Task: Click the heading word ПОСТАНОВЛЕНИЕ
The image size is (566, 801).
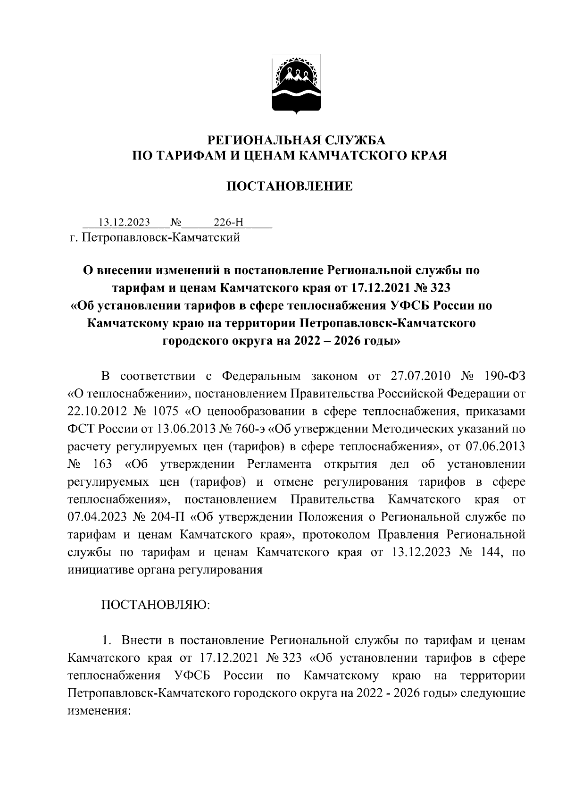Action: (290, 186)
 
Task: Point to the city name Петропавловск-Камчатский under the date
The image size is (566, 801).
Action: (161, 237)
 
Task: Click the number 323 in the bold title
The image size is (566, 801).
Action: (438, 287)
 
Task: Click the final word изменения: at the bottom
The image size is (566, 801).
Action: (99, 711)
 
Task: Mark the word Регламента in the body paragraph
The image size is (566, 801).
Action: (279, 464)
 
